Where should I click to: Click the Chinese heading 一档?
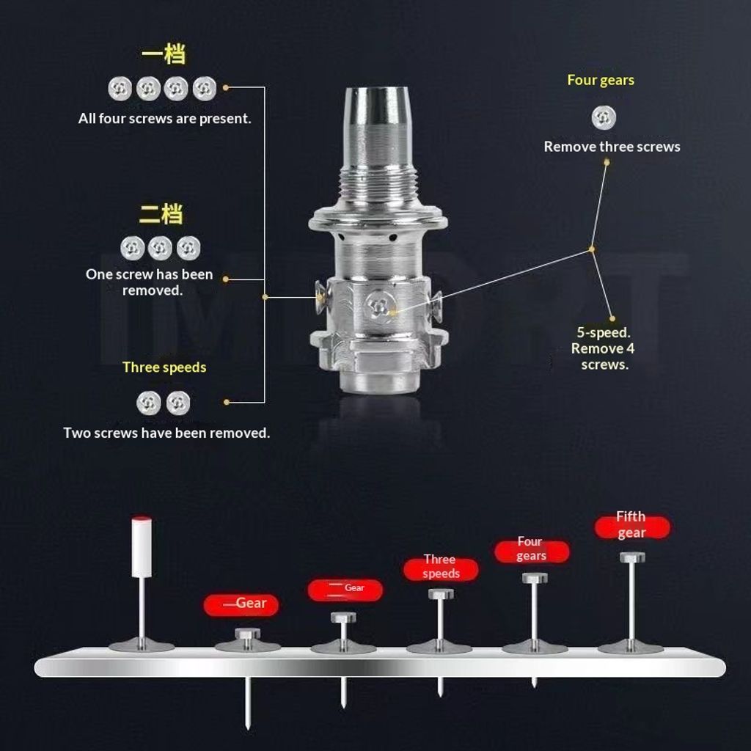coord(164,54)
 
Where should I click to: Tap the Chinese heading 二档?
coord(161,213)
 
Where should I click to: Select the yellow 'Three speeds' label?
coord(164,367)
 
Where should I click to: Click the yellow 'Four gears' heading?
coord(601,80)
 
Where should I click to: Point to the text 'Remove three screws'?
coord(612,147)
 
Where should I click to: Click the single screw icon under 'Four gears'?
coord(604,118)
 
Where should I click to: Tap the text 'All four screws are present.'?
coord(165,118)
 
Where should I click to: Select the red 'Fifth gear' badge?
coord(631,526)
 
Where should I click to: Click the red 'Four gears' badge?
coord(532,550)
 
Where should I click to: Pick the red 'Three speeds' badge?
coord(441,568)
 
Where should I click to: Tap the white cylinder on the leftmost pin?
coord(142,547)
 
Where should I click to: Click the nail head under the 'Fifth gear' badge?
coord(632,557)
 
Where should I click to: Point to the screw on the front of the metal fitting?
coord(379,307)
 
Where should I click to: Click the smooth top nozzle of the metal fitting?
coord(376,106)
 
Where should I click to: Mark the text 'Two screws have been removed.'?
coord(166,433)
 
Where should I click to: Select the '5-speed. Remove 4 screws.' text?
coord(603,348)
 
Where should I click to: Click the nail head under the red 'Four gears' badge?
coord(535,578)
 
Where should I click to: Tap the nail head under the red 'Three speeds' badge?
coord(441,594)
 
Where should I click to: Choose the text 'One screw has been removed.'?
coord(150,282)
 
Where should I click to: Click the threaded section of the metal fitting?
coord(378,183)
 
